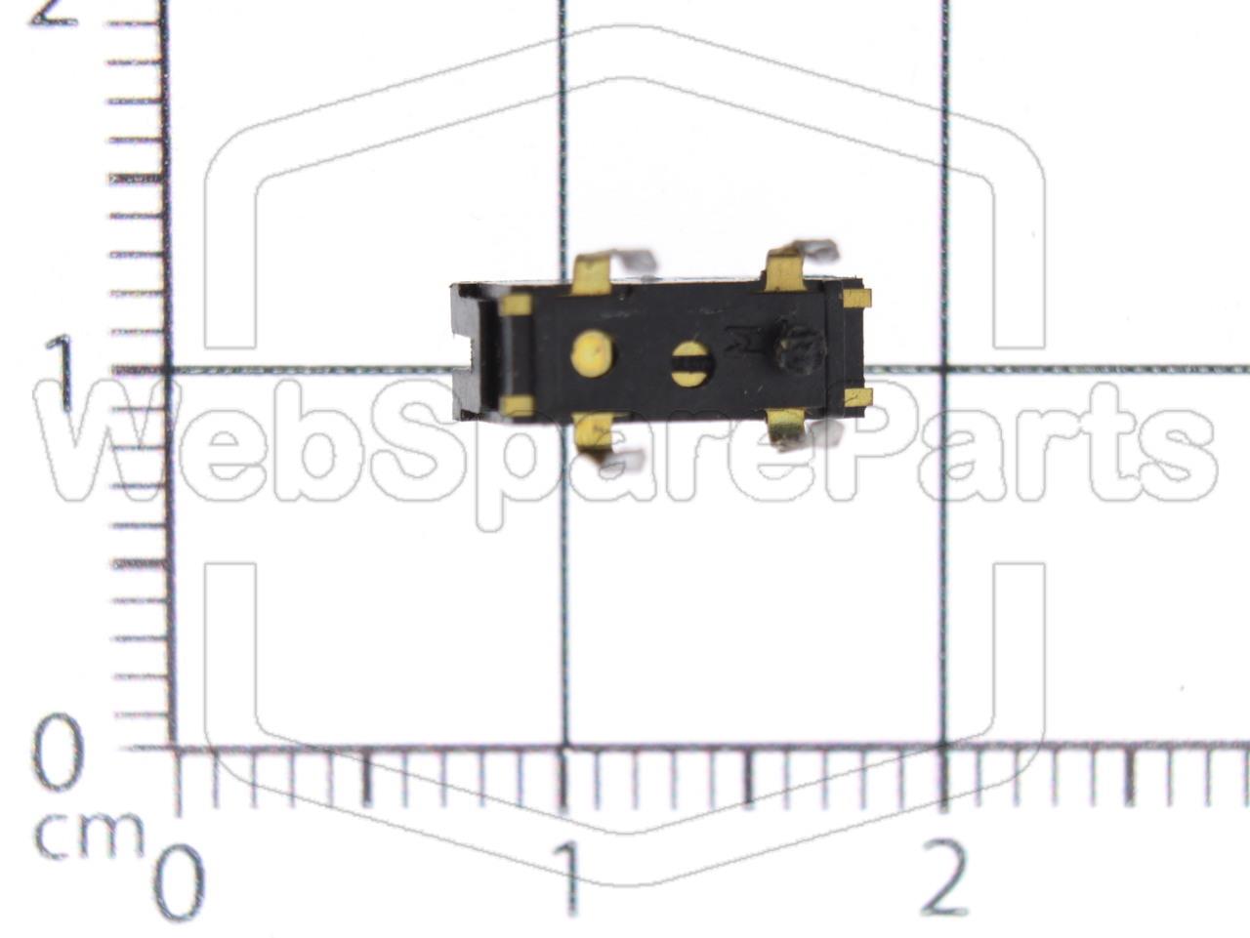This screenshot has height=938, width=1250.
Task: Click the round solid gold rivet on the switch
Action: [x=592, y=352]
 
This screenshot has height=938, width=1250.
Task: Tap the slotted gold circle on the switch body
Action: [x=692, y=363]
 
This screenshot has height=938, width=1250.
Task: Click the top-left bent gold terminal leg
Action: [x=593, y=274]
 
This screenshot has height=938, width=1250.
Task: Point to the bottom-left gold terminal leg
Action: [x=593, y=432]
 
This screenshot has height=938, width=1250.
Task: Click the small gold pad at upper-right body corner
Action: [x=856, y=298]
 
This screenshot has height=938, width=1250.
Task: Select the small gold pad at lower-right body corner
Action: [x=856, y=397]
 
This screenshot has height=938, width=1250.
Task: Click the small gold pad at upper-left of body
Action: [x=516, y=306]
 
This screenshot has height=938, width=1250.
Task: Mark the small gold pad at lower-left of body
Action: [x=517, y=406]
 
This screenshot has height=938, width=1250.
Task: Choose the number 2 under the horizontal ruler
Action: [x=943, y=878]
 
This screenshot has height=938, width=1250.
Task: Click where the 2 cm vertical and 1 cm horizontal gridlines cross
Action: [x=943, y=370]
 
